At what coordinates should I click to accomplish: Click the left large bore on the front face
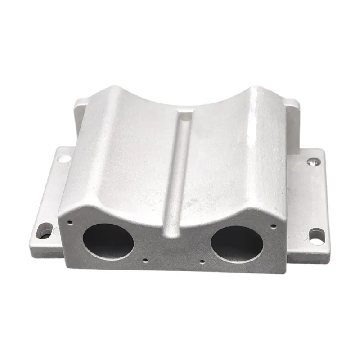pos(108,240)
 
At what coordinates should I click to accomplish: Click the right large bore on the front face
pos(237,243)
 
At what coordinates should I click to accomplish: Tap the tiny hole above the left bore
pos(71,221)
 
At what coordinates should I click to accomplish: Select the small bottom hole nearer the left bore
pos(145,259)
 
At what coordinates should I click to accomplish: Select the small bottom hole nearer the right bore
pos(202,261)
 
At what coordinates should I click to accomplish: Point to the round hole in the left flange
pos(64,158)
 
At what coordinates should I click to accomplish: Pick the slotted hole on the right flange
pos(316,235)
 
